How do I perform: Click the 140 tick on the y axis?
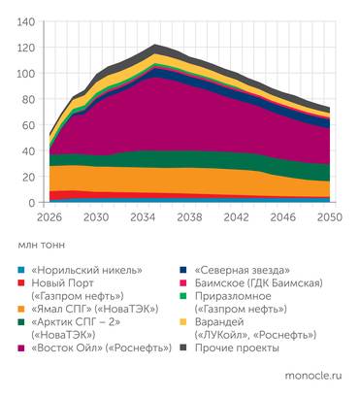click(27, 21)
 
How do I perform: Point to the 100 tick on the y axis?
click(27, 73)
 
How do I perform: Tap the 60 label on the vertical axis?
click(31, 124)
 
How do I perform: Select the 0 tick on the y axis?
click(34, 202)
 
